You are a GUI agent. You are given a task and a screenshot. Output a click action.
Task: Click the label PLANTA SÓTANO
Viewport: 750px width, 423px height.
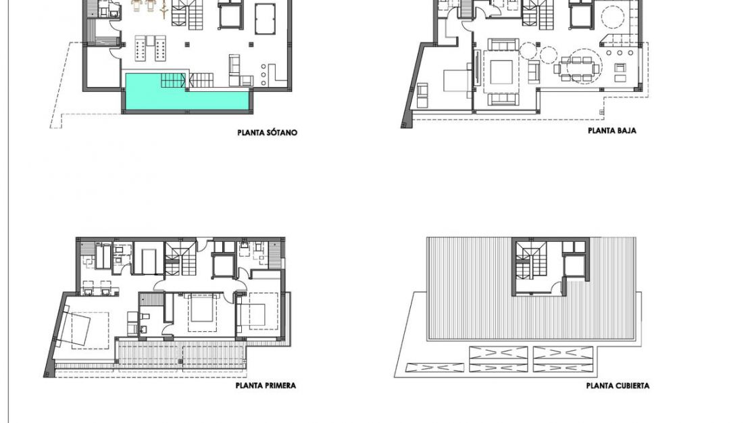(x=267, y=132)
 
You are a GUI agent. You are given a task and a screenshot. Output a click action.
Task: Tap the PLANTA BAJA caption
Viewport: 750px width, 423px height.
(x=611, y=130)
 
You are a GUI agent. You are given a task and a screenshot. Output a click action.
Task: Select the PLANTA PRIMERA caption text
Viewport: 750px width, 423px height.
(x=266, y=386)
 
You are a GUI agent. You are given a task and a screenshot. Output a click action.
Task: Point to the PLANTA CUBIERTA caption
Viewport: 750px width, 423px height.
(x=618, y=386)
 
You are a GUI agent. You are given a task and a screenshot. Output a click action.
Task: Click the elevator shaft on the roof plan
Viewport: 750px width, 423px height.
(x=574, y=265)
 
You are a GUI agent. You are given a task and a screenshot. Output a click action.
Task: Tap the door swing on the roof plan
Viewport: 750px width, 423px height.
(x=557, y=287)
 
